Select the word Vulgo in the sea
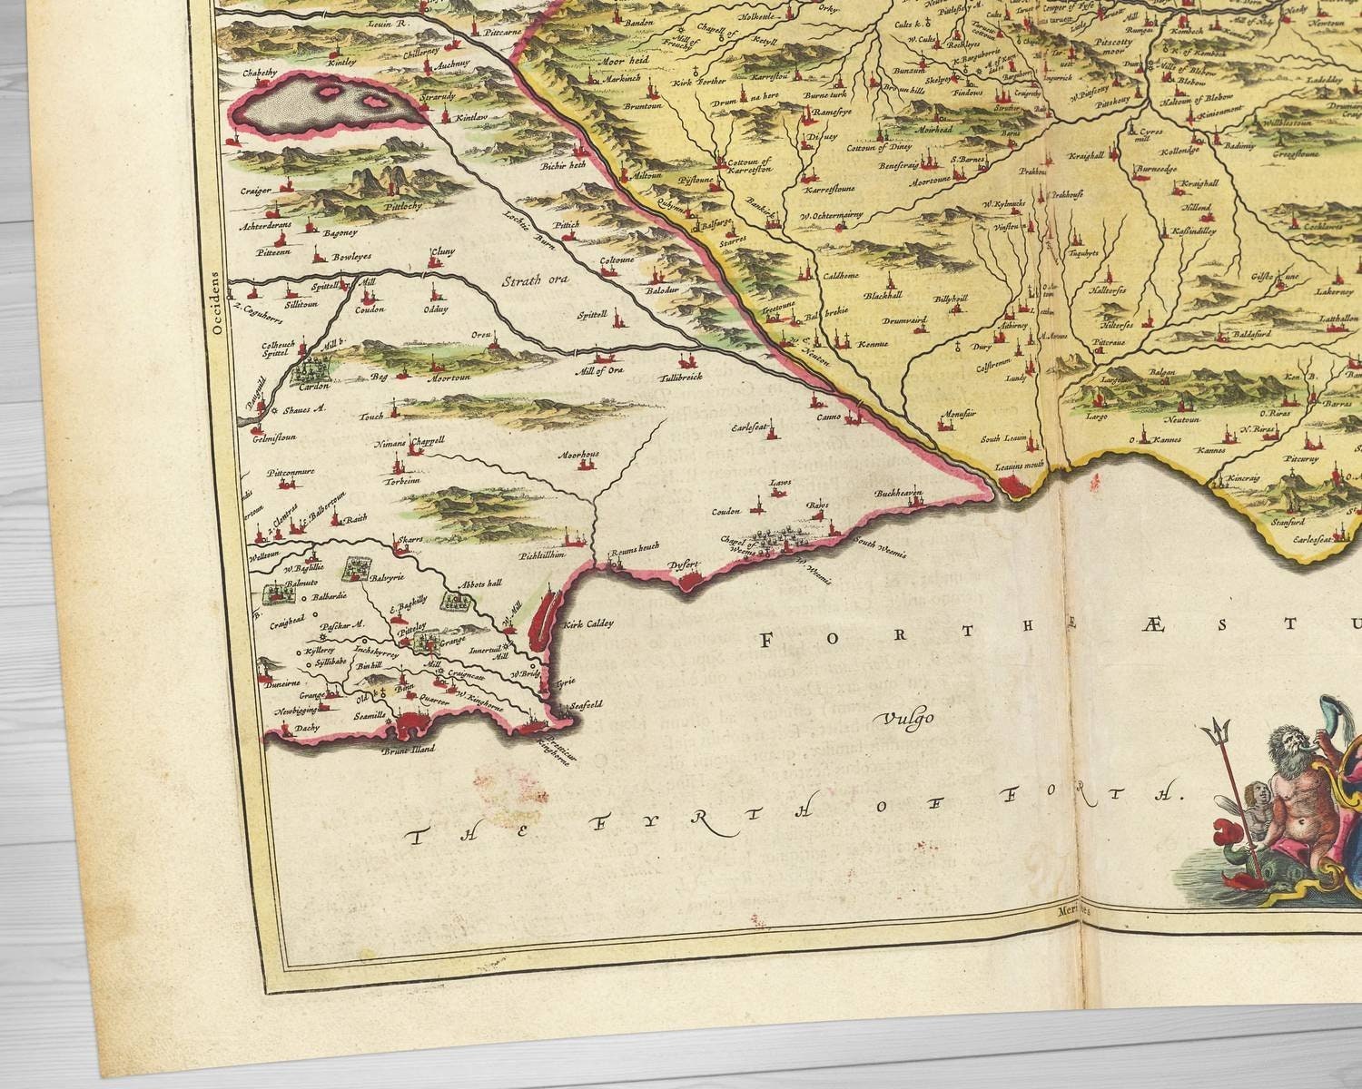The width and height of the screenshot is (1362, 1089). tap(904, 720)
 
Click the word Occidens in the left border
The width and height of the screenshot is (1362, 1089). tap(216, 304)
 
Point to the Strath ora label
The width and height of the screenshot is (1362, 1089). tap(536, 280)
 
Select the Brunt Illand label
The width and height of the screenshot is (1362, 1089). tap(409, 749)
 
